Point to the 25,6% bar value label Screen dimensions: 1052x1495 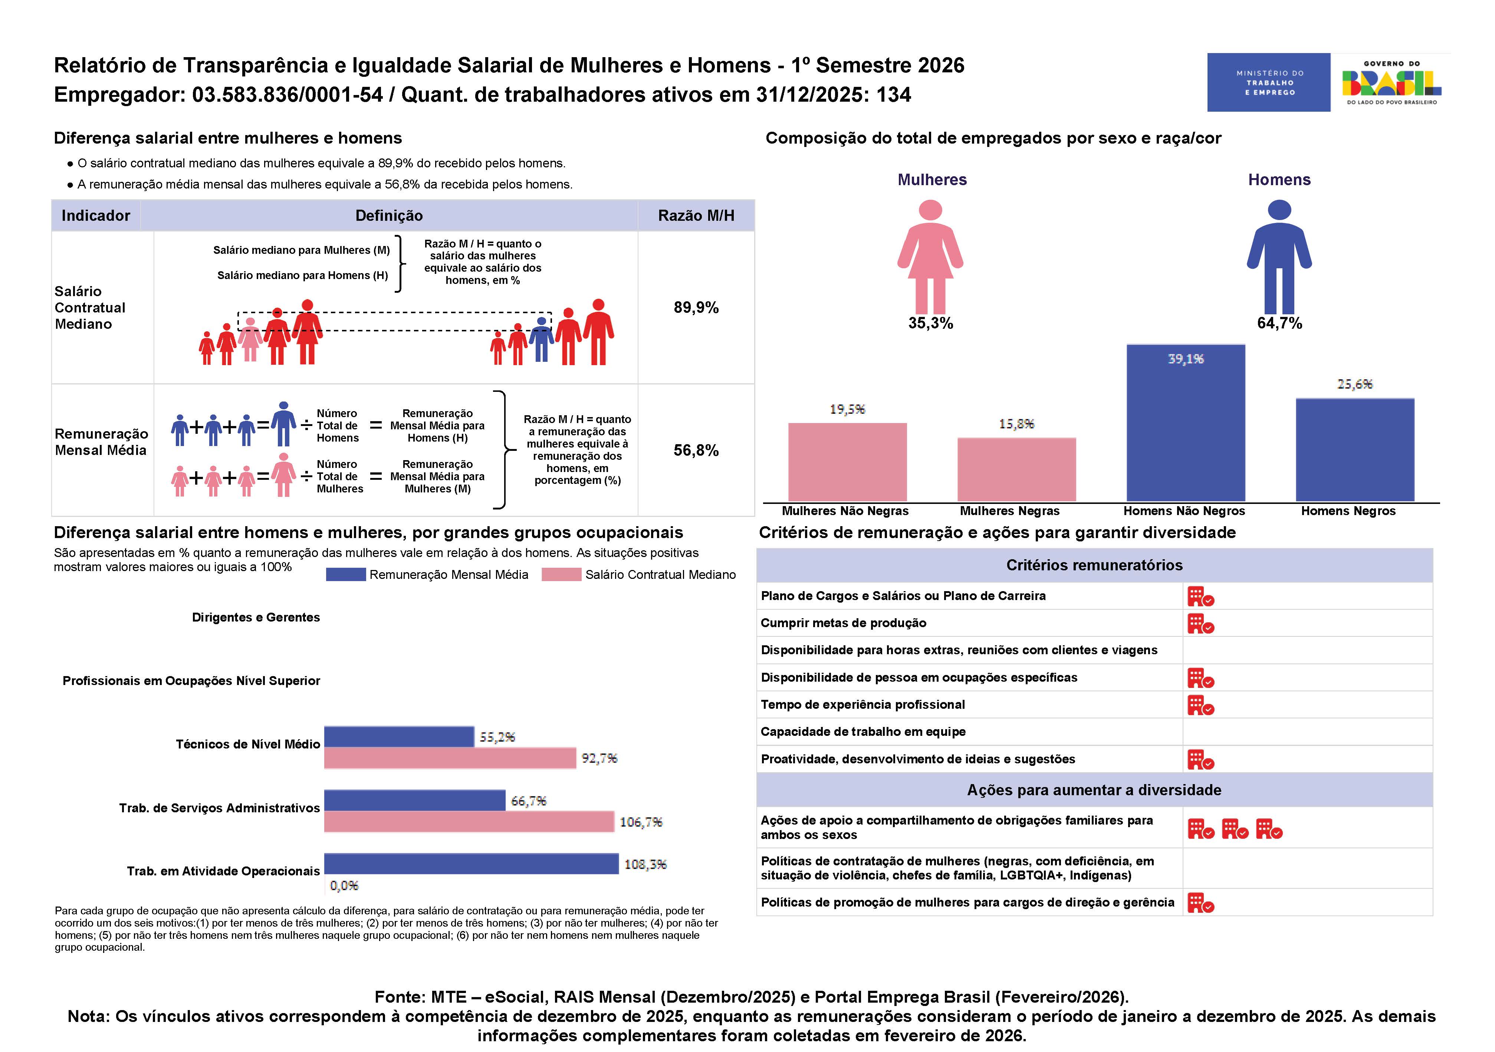pos(1354,384)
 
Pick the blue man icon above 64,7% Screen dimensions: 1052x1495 pos(1279,257)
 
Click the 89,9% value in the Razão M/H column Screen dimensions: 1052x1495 pos(696,308)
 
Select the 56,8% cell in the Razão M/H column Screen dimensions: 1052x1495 pos(696,450)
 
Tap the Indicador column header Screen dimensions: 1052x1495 pos(96,216)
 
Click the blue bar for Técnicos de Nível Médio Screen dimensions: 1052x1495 pos(398,737)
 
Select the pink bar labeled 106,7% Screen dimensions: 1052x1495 pos(469,822)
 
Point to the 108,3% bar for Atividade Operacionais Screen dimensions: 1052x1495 pos(471,864)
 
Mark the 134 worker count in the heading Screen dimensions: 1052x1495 pos(893,95)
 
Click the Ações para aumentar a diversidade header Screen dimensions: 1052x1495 pos(1094,790)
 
